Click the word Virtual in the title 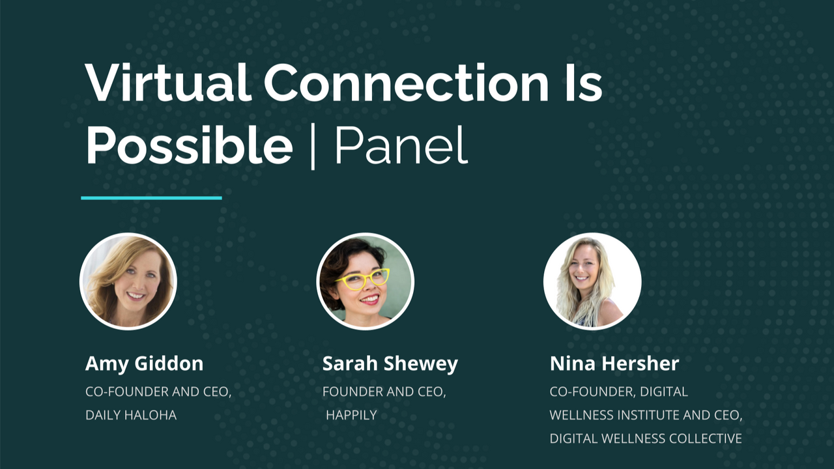166,83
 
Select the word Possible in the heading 190,145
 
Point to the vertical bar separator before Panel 313,147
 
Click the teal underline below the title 152,198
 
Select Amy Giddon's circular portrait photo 128,281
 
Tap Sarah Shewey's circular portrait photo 365,281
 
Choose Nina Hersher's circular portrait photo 592,281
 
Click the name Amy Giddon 145,363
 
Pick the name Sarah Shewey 390,363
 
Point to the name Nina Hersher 614,363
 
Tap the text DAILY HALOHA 131,415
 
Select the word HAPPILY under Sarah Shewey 351,415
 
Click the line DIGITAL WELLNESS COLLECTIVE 646,438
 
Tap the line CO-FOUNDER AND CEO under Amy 158,392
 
